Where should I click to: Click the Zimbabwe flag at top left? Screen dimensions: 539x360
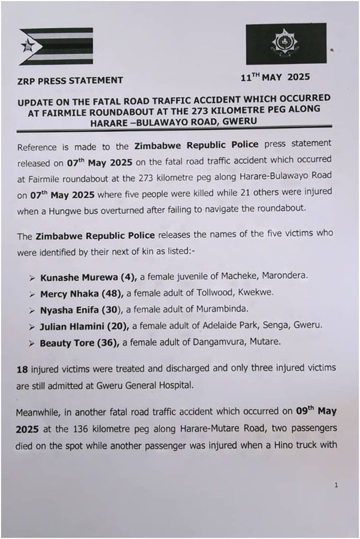(x=56, y=46)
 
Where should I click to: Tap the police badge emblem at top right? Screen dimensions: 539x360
(x=286, y=43)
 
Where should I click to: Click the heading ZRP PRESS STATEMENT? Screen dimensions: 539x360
(x=70, y=80)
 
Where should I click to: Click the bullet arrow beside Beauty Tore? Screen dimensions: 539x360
(x=32, y=342)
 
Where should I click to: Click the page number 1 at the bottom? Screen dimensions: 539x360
(x=337, y=485)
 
